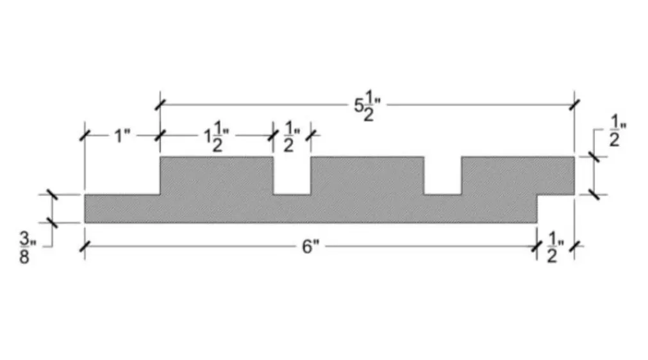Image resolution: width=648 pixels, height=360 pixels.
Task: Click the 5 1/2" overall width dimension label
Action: [x=367, y=106]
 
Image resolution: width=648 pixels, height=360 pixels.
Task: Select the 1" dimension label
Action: [x=122, y=136]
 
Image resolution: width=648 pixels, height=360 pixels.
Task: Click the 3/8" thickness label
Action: [x=28, y=248]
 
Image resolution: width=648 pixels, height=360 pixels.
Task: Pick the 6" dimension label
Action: [x=311, y=247]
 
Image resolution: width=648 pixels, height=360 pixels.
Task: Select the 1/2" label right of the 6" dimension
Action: [x=556, y=247]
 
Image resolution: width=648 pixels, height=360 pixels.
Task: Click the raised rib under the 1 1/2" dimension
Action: [x=217, y=176]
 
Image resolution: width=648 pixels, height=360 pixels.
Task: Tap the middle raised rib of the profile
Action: [x=367, y=176]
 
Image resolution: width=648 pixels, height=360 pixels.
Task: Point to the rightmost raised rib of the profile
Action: [x=518, y=176]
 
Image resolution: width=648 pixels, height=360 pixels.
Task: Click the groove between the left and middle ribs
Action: [x=292, y=176]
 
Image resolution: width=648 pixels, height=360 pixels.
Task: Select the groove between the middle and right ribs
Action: [x=443, y=176]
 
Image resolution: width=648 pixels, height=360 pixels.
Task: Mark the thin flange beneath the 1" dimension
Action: [x=122, y=208]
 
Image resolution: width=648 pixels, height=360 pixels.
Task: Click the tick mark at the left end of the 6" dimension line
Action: [x=85, y=247]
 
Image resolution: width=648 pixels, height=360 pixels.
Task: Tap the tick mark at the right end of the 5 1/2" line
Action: [x=574, y=105]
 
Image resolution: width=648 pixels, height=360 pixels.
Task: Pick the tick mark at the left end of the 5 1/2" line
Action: [x=160, y=105]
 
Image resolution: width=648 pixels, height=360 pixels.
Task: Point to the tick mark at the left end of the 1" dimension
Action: [x=85, y=135]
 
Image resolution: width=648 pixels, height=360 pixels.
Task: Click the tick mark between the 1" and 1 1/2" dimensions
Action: [x=160, y=135]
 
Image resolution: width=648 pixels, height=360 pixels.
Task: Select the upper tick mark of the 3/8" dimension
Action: [x=52, y=195]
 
